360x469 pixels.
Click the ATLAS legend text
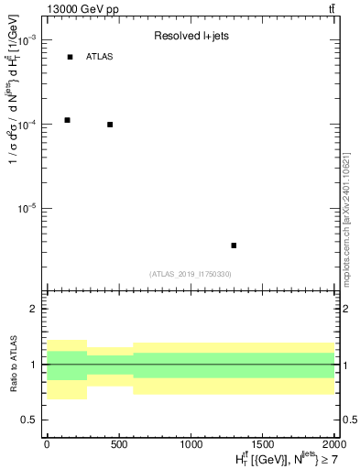point(99,57)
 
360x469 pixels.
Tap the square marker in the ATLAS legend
point(70,57)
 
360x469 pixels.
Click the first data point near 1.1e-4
point(68,120)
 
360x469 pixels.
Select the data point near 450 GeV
point(110,125)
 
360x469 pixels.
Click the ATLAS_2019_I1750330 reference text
point(191,274)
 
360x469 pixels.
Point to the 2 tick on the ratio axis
point(32,309)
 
